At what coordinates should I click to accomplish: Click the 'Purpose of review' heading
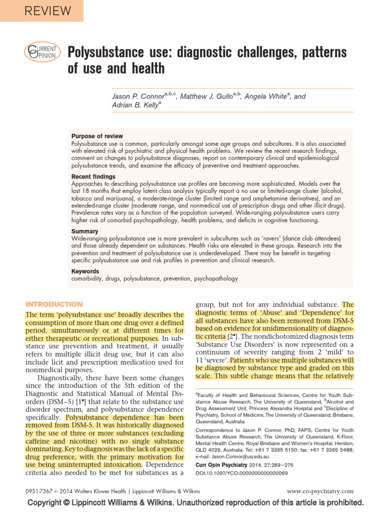click(97, 136)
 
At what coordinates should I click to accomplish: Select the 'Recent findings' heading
click(93, 177)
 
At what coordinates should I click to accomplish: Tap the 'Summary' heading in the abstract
click(84, 231)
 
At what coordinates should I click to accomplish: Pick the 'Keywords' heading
click(86, 271)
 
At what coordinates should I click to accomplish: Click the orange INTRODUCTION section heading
click(54, 304)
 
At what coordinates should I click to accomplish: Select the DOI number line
click(241, 473)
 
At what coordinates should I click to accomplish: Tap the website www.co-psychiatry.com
click(320, 491)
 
